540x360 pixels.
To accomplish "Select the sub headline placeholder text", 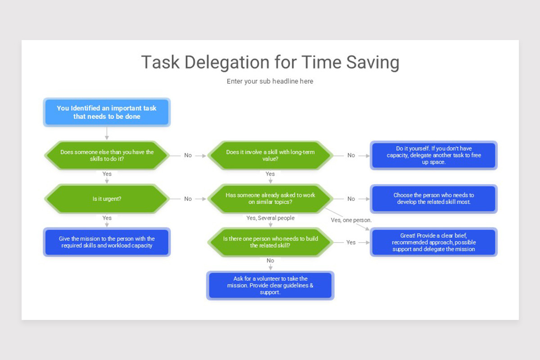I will pos(270,81).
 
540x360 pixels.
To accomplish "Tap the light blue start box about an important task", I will pos(107,112).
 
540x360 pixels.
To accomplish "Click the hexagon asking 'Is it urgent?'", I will pos(107,198).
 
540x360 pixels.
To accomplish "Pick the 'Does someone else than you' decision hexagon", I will pos(107,155).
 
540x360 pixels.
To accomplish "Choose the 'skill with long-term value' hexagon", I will pos(270,155).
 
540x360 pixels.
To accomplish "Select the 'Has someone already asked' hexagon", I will pos(270,198).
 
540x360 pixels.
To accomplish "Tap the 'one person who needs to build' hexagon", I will pos(270,242).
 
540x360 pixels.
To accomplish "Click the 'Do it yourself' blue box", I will pos(434,155).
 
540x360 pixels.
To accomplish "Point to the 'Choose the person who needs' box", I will pos(434,198).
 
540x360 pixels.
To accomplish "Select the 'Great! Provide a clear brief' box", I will pos(434,242).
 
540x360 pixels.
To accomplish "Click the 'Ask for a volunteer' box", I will pos(270,285).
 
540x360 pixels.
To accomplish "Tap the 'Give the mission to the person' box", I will pos(107,242).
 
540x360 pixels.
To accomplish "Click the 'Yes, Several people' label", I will pos(270,218).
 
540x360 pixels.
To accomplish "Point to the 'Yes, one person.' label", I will pos(351,220).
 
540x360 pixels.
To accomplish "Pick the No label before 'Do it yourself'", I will pos(351,155).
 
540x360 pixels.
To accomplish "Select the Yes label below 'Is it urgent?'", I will pos(107,218).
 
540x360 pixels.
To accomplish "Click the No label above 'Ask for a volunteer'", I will pos(270,261).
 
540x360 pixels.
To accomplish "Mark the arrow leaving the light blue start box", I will pos(107,133).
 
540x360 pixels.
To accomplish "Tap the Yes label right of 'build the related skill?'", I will pos(351,242).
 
